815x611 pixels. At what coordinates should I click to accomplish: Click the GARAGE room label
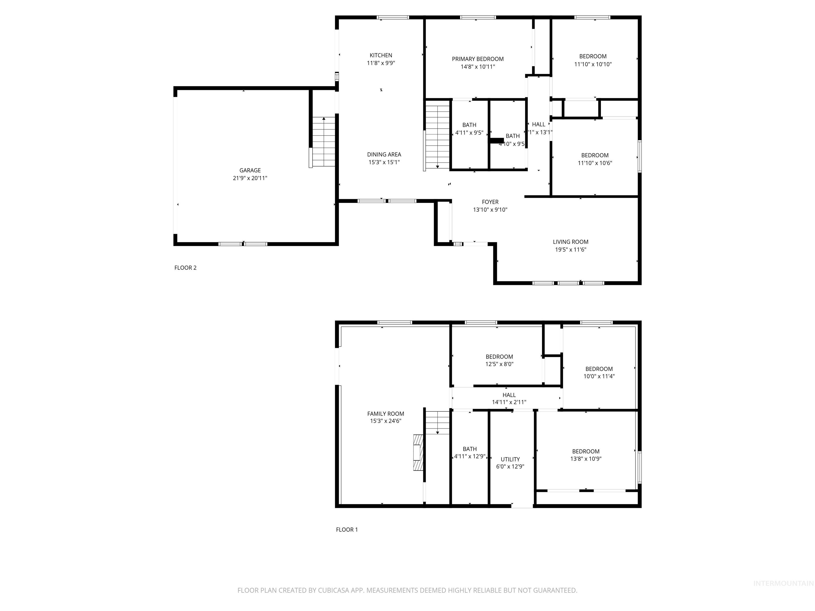point(250,170)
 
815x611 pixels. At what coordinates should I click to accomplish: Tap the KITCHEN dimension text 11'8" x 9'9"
point(381,63)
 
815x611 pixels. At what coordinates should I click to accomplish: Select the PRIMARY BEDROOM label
point(478,59)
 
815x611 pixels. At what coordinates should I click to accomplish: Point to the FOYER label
point(490,202)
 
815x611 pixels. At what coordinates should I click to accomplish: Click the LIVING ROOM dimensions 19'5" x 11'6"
point(570,250)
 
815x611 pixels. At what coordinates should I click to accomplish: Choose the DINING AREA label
point(384,154)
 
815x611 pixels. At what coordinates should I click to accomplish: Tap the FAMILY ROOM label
point(385,414)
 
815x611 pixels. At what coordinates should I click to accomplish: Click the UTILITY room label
point(510,459)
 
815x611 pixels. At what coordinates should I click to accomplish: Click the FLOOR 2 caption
point(185,268)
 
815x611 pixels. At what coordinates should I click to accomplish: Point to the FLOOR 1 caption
point(347,530)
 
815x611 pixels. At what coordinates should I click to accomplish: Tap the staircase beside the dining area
point(437,137)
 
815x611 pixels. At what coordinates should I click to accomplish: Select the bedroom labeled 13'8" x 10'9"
point(586,455)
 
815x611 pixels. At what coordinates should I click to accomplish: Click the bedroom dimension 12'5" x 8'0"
point(499,364)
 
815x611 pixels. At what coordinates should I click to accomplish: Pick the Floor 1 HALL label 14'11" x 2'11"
point(509,399)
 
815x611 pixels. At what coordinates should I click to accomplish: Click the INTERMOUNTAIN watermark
point(783,583)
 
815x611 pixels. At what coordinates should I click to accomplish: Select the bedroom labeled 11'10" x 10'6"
point(595,159)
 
